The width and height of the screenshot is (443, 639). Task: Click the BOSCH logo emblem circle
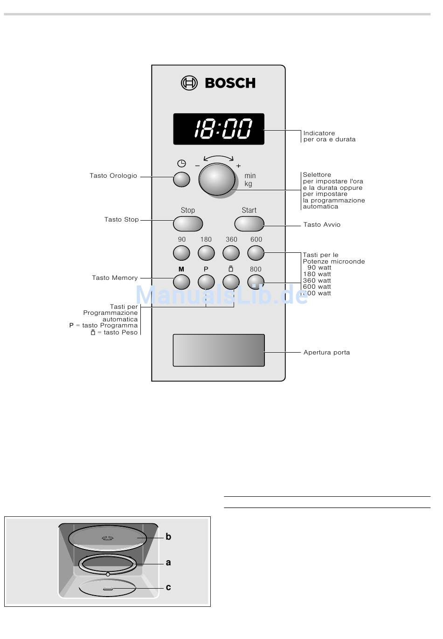189,83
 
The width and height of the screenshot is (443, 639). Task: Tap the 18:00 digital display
219,129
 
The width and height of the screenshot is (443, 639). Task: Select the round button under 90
181,253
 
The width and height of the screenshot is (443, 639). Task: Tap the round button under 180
206,253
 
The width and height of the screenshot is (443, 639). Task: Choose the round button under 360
231,253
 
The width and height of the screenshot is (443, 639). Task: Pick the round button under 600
256,253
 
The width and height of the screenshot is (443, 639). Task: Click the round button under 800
256,282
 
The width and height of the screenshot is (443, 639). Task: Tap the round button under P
206,282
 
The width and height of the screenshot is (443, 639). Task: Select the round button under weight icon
231,282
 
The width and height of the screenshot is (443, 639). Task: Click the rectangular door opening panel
219,350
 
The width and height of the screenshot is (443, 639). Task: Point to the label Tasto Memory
115,278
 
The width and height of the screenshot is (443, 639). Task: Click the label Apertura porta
326,353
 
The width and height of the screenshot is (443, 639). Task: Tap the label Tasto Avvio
322,225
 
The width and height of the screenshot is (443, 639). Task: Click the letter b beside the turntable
168,537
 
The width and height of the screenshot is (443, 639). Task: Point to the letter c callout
168,587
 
